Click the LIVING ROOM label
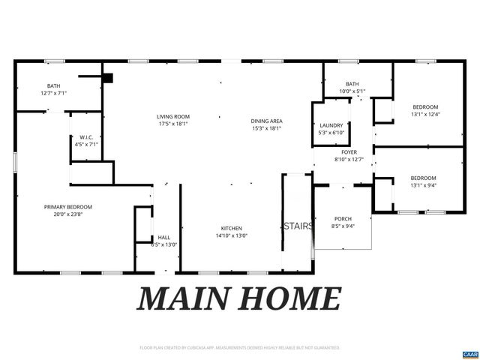[x=172, y=116]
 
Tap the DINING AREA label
[x=265, y=121]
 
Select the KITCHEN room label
[x=230, y=228]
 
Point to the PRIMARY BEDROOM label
[x=67, y=207]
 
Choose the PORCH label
[x=343, y=219]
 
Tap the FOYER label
[x=349, y=151]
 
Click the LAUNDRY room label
[x=331, y=125]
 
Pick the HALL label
[x=163, y=238]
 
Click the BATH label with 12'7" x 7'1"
[x=53, y=85]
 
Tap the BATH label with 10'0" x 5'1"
[x=352, y=84]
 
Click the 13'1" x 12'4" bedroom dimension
[x=424, y=115]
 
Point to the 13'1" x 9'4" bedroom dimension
[x=424, y=185]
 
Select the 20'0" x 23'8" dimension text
[x=67, y=214]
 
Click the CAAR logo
[x=469, y=353]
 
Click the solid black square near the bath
[x=108, y=77]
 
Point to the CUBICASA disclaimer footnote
[x=240, y=348]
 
